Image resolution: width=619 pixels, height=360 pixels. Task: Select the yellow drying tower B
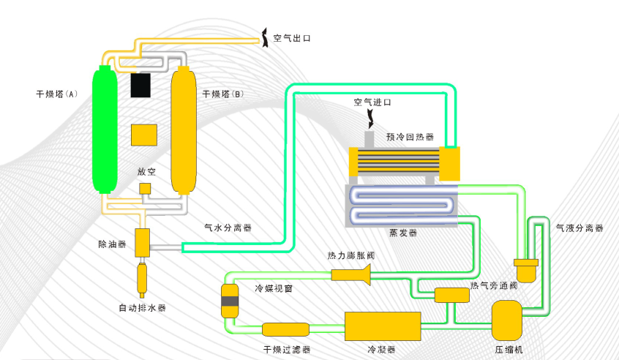point(185,130)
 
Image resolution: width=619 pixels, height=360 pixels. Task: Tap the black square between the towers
point(141,86)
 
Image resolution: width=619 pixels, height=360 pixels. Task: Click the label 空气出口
point(292,38)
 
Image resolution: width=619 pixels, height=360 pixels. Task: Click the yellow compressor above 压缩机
point(507,320)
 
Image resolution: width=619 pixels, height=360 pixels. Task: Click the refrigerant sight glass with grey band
point(230,301)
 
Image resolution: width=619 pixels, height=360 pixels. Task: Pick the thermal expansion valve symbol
point(352,274)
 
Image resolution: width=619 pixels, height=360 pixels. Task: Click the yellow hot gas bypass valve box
point(451,295)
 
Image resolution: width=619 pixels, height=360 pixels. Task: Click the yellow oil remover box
point(142,242)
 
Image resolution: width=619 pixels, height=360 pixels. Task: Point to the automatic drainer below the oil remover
point(142,277)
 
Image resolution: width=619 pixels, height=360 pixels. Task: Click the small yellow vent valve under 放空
point(145,189)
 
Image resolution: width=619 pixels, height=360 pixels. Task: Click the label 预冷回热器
point(410,137)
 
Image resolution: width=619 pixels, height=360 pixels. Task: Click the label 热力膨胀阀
point(351,255)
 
